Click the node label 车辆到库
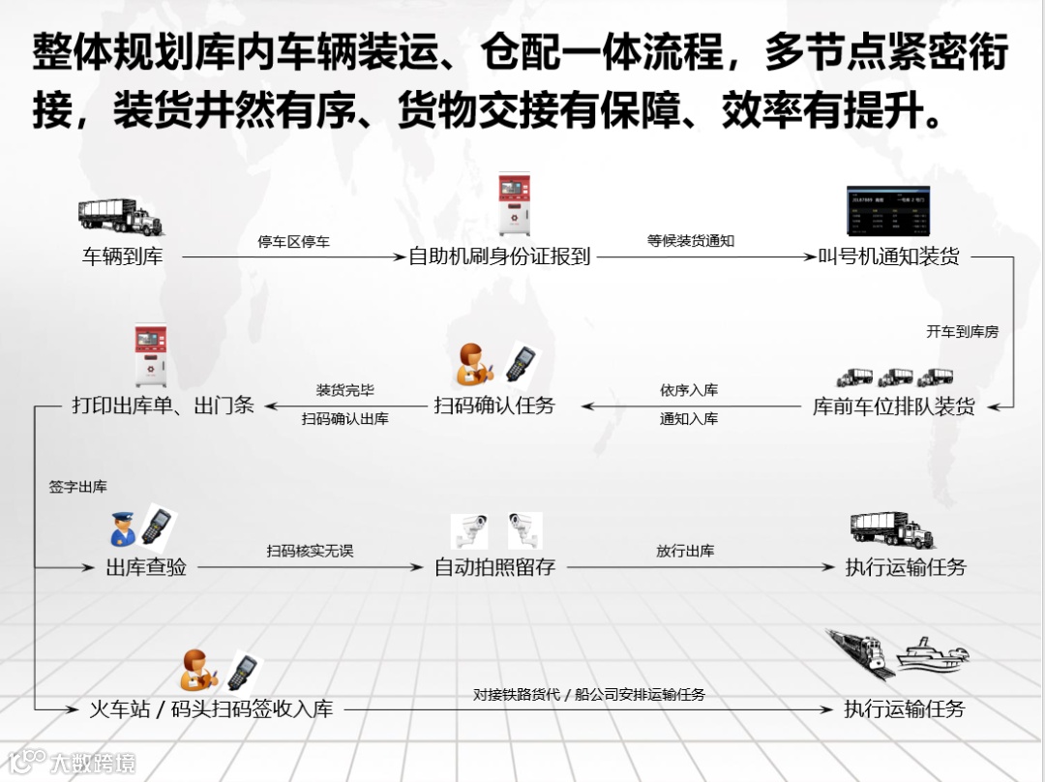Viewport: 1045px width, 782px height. (122, 257)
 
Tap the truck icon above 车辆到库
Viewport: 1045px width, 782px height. (120, 217)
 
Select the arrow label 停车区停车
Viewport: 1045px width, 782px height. (293, 241)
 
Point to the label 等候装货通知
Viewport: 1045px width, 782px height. (691, 240)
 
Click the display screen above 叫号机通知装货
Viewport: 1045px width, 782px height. (887, 213)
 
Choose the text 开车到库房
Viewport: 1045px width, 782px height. (962, 331)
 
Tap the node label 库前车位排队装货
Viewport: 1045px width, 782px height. (893, 406)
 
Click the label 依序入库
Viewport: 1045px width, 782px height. (689, 390)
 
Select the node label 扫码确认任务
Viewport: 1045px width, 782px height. (494, 406)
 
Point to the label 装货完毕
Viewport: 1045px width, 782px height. (344, 390)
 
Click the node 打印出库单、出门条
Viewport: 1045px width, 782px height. (163, 406)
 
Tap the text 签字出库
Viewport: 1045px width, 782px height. (78, 487)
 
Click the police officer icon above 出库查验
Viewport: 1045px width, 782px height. (123, 529)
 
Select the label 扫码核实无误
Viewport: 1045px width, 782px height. (310, 551)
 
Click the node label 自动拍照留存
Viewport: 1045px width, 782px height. (494, 567)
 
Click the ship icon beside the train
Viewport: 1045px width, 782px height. (930, 655)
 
